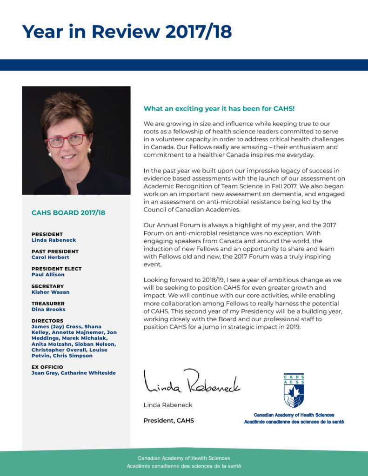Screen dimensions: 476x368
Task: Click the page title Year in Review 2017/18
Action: (127, 31)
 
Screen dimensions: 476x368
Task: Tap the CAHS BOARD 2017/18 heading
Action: (68, 213)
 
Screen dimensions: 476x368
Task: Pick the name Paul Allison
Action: (48, 275)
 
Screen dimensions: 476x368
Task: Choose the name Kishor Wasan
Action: (51, 292)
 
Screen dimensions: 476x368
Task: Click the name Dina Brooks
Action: (48, 309)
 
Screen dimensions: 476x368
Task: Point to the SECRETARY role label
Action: (47, 286)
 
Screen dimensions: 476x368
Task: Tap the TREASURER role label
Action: (48, 304)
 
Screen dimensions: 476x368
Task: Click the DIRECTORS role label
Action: (47, 321)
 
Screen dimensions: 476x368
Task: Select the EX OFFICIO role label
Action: (47, 367)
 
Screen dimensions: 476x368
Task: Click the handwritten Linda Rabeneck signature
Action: (192, 381)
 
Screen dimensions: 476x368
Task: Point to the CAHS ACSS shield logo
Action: (294, 390)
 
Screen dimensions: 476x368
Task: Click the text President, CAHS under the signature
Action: (168, 421)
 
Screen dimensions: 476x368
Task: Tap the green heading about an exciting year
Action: (219, 109)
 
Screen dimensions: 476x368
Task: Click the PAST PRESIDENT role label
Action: (55, 251)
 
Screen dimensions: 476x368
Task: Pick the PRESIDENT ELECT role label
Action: (56, 269)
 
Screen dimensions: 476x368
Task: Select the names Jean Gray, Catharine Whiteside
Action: (74, 373)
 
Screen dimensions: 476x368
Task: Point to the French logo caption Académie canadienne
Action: (294, 422)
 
